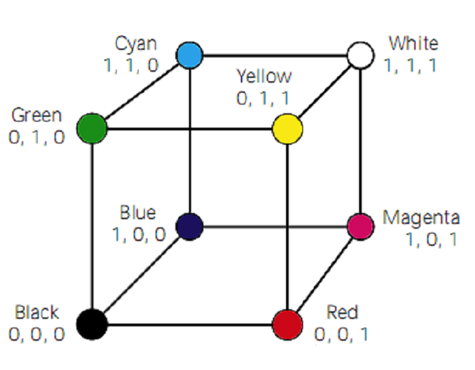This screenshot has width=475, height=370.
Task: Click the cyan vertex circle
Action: (190, 54)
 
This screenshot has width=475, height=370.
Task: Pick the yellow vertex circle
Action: (287, 128)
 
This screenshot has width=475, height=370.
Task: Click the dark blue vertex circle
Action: (190, 225)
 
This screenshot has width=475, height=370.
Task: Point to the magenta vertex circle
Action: (360, 226)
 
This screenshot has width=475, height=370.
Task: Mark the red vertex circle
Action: (287, 322)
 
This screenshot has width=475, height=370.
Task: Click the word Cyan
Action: (135, 44)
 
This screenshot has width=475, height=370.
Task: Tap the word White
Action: (413, 44)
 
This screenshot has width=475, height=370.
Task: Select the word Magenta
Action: (421, 218)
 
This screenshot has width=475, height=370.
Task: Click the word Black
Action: (36, 313)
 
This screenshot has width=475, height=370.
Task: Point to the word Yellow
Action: (263, 76)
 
